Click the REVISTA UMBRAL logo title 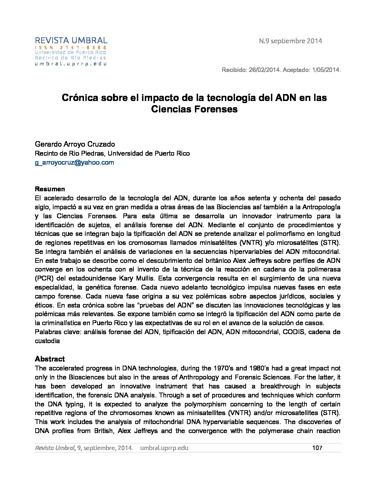tap(71, 40)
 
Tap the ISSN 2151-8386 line tap(71, 47)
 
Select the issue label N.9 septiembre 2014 tap(290, 41)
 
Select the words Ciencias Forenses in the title tap(194, 109)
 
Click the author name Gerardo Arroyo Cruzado tap(75, 144)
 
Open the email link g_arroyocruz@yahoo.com tap(74, 163)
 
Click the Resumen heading tap(50, 189)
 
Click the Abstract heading tap(50, 359)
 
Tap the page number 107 tap(317, 448)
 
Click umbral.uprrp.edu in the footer tap(164, 448)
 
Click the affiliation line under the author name tap(112, 154)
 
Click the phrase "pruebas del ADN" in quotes tap(160, 305)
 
